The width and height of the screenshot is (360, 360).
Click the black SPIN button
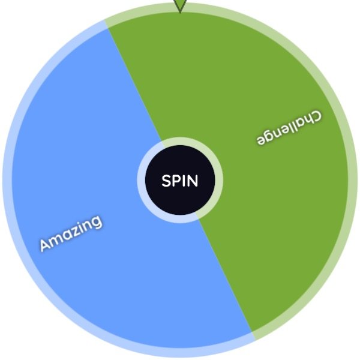point(180,180)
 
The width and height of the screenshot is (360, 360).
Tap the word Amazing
point(71,233)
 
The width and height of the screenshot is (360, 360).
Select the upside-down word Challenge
point(289,127)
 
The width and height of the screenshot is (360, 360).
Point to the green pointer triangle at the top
point(180,5)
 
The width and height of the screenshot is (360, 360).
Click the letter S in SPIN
point(166,181)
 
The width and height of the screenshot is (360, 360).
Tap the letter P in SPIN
point(177,181)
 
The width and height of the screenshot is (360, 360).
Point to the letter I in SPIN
point(184,181)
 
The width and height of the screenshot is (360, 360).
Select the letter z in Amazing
point(75,231)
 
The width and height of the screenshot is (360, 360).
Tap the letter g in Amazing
point(97,222)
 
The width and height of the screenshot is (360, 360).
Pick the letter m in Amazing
point(58,239)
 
